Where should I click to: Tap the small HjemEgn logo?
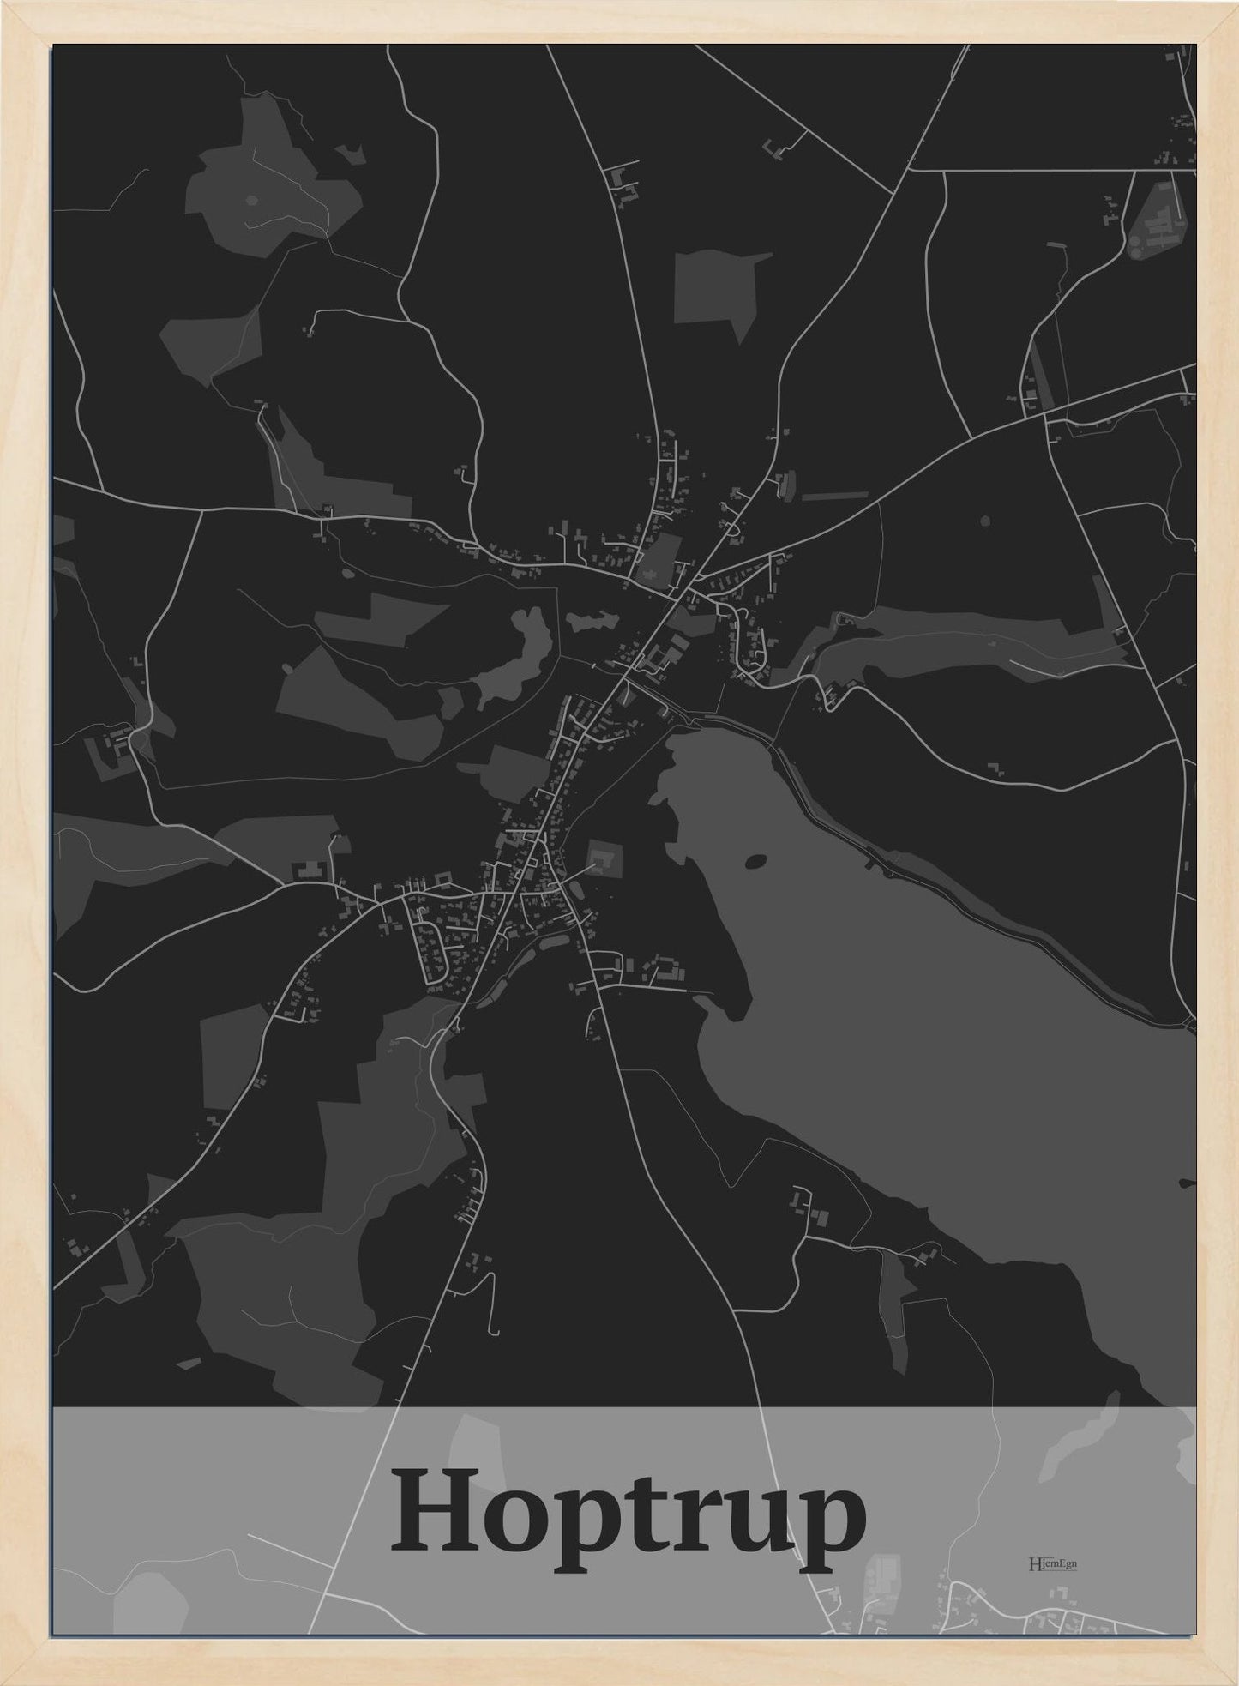(x=1052, y=1563)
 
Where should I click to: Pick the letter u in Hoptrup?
(x=753, y=1526)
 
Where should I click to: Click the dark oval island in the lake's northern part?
(x=756, y=860)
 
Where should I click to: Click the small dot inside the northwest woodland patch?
(x=250, y=200)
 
